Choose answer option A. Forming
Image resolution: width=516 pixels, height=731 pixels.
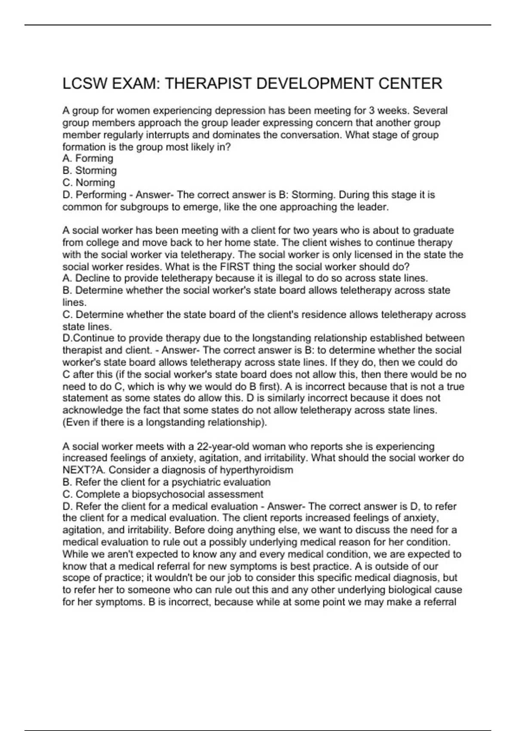[x=88, y=159]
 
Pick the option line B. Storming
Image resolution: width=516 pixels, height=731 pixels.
[x=89, y=171]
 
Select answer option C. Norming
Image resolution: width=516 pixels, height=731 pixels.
[x=89, y=183]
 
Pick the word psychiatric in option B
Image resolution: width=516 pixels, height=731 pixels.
[x=197, y=482]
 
